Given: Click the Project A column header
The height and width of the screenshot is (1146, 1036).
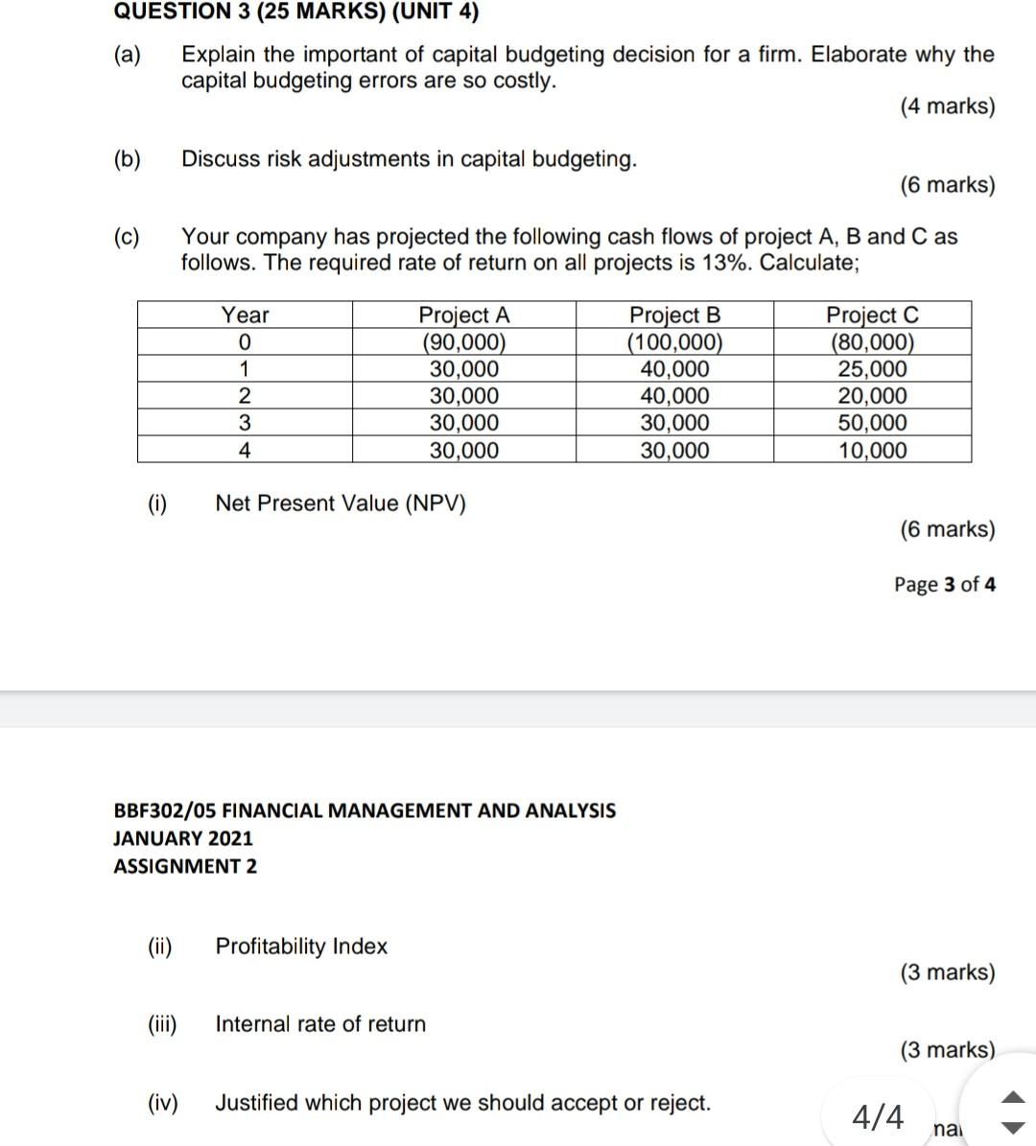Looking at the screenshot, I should click(x=464, y=315).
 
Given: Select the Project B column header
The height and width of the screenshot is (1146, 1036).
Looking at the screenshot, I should click(x=674, y=315).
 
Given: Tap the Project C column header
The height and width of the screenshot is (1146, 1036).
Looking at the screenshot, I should click(x=872, y=315).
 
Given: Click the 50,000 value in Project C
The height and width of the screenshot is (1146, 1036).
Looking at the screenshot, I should click(x=872, y=423).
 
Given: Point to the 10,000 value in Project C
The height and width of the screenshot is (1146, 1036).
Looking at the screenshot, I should click(x=872, y=451).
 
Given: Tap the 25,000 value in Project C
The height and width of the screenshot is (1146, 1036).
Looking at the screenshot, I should click(x=872, y=369).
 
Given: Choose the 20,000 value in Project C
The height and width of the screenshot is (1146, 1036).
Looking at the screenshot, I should click(x=872, y=396).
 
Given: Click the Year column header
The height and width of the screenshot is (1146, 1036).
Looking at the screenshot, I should click(x=246, y=315).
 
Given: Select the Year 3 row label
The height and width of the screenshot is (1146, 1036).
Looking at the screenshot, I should click(x=245, y=423).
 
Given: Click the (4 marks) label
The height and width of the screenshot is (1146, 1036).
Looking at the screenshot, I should click(x=947, y=106).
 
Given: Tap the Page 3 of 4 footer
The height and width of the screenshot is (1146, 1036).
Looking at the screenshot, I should click(x=944, y=584).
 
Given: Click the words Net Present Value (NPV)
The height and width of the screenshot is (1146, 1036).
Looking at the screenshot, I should click(x=341, y=503).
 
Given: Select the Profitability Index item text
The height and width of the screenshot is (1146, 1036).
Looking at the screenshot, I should click(x=301, y=947).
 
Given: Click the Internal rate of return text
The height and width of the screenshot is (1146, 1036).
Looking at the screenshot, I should click(x=320, y=1024).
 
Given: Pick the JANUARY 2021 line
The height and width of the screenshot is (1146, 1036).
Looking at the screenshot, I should click(x=183, y=838).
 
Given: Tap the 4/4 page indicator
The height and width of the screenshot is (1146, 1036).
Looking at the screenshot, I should click(x=878, y=1117).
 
